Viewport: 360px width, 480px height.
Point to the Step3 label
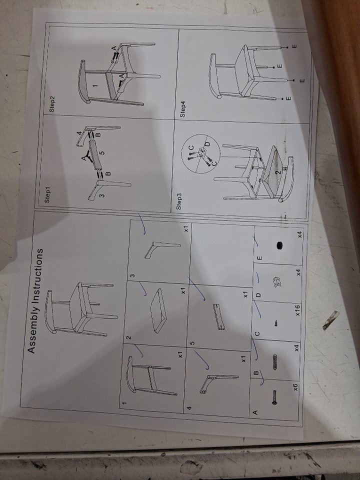179,201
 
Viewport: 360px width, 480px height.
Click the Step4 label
183,109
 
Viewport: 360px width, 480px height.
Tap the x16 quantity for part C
297,310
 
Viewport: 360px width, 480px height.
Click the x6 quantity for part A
295,386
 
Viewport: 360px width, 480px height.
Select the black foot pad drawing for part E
279,245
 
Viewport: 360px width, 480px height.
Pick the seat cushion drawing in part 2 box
159,310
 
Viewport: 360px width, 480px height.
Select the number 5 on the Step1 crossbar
103,151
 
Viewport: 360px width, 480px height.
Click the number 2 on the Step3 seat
277,172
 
